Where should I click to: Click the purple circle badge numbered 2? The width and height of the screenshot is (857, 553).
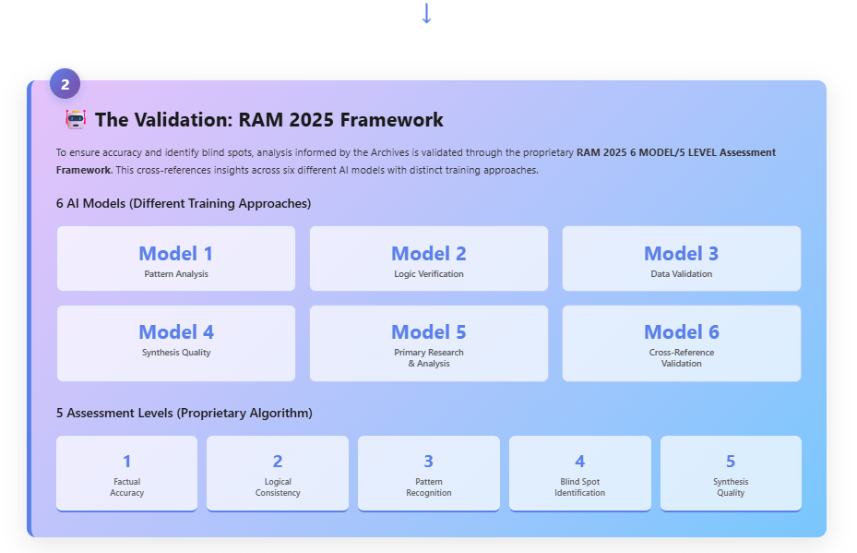click(65, 84)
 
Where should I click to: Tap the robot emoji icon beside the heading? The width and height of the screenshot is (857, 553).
click(76, 119)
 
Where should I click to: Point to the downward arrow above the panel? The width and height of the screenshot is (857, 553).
click(427, 13)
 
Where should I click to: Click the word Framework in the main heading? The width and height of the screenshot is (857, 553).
click(391, 120)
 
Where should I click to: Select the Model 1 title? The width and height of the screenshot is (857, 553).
click(176, 253)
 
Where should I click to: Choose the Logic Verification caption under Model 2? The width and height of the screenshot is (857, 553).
click(429, 274)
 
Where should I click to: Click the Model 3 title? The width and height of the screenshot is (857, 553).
click(682, 253)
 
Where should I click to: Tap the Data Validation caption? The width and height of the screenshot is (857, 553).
click(682, 274)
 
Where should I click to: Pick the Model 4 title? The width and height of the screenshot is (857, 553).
click(176, 332)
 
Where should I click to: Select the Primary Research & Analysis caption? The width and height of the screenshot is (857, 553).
click(429, 357)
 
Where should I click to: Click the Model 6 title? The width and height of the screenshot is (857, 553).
click(682, 332)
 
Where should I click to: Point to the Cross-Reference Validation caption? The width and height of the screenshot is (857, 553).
click(682, 357)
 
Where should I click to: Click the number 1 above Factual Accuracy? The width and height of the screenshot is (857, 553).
click(126, 462)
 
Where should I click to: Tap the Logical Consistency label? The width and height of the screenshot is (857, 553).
click(278, 487)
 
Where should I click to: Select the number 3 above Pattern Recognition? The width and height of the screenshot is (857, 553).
click(429, 462)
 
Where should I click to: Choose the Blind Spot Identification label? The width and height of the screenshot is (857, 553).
click(580, 487)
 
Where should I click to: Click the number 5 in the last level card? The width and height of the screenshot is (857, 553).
click(731, 462)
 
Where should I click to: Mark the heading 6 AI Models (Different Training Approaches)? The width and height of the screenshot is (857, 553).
click(184, 203)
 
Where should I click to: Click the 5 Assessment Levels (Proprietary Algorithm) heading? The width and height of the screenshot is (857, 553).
click(184, 413)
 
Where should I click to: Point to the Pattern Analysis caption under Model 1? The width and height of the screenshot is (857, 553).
click(176, 274)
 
